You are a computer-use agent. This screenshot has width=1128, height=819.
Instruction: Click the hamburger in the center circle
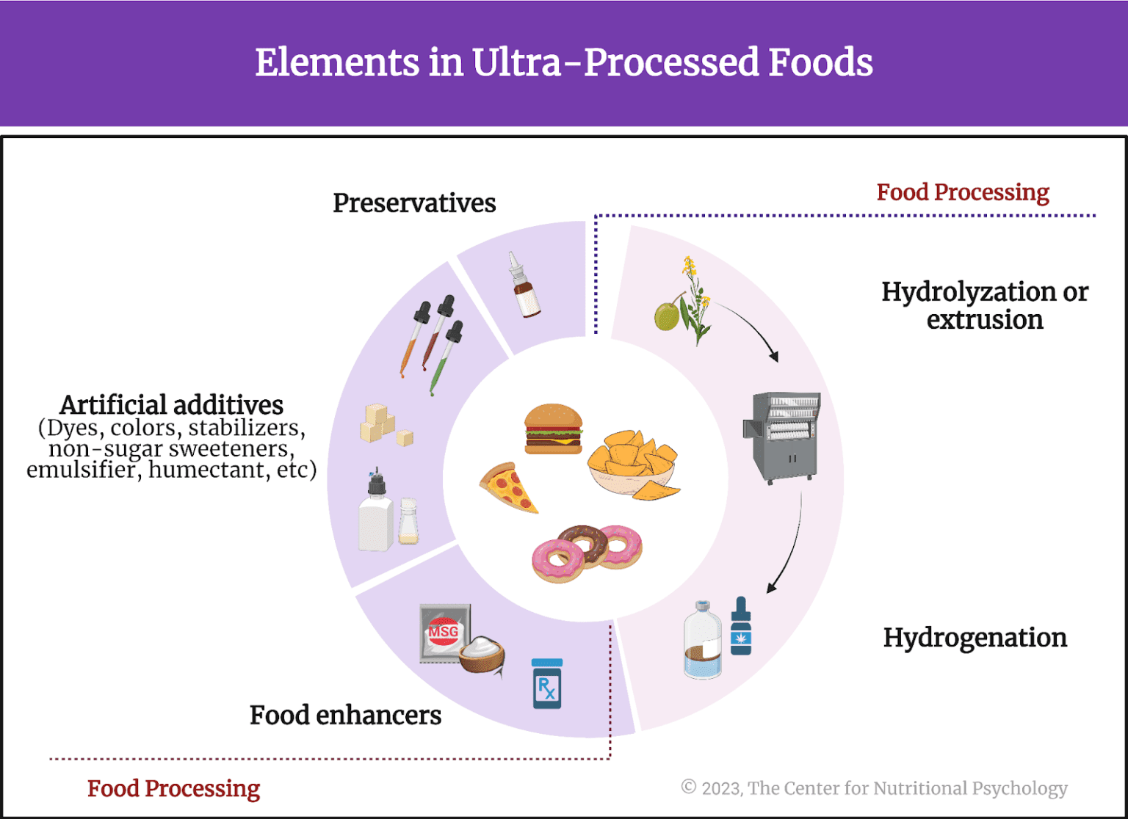553,429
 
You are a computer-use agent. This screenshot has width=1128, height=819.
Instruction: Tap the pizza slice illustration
510,488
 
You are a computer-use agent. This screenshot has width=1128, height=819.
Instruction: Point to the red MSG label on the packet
443,632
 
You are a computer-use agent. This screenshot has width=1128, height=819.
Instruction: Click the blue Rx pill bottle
547,684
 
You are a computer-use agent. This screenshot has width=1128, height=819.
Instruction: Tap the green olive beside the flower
667,316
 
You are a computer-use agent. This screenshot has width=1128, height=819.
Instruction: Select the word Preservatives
414,203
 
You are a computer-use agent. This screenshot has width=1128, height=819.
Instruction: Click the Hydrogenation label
975,638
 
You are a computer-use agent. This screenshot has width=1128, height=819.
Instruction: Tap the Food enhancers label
345,715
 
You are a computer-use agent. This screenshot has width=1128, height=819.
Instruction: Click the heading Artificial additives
171,405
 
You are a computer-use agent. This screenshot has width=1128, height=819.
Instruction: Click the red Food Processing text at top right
962,192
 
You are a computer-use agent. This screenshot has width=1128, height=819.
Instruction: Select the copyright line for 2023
874,788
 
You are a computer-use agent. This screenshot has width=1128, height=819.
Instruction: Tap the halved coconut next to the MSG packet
482,655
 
